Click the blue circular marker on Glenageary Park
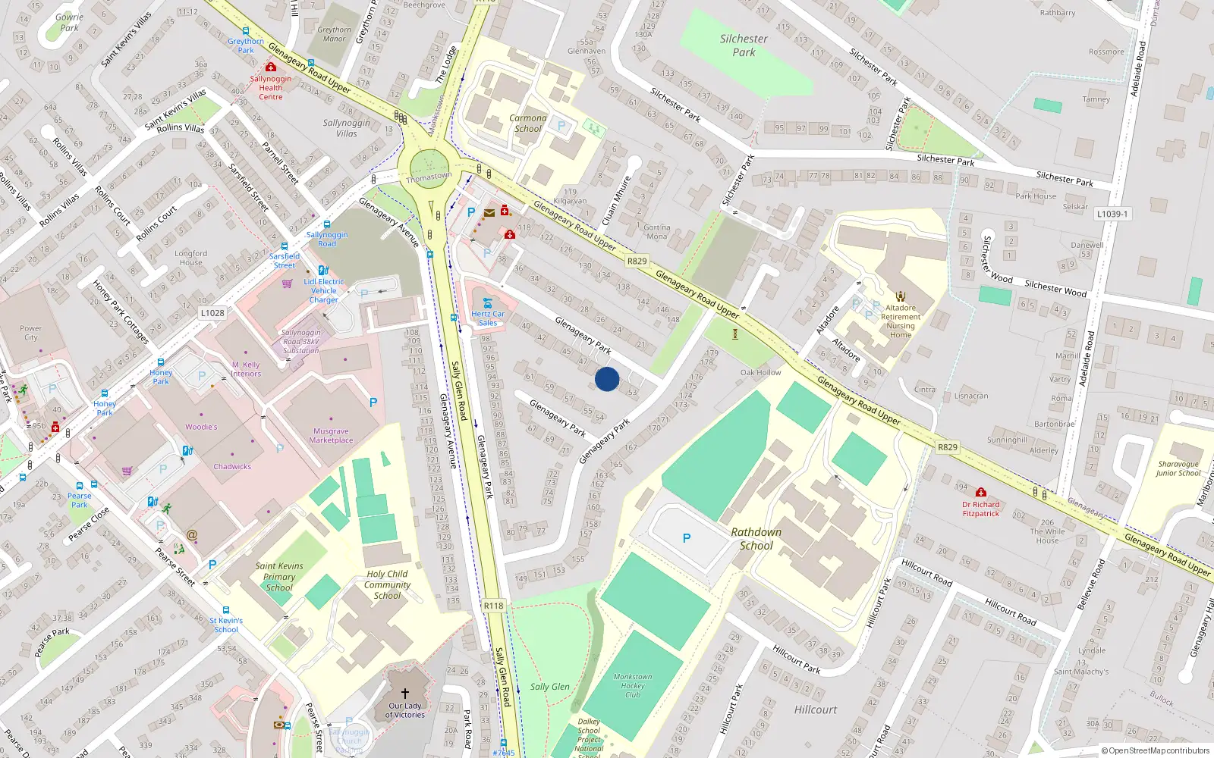click(607, 379)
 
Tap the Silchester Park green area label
click(744, 45)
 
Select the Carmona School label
click(528, 124)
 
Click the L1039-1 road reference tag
click(1112, 215)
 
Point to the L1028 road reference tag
click(212, 313)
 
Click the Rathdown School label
click(756, 539)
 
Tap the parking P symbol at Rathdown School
click(687, 538)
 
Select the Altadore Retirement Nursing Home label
click(901, 321)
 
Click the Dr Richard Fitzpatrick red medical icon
click(981, 493)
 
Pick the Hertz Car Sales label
click(488, 318)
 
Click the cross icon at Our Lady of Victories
click(405, 694)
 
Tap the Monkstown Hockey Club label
click(633, 685)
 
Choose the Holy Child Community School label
click(387, 584)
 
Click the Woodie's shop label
click(201, 427)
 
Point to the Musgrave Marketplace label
click(332, 435)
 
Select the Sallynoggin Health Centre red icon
click(270, 67)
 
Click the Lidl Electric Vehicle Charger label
click(324, 290)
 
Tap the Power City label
click(31, 333)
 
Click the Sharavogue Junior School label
click(1178, 468)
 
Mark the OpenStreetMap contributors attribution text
click(1156, 751)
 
